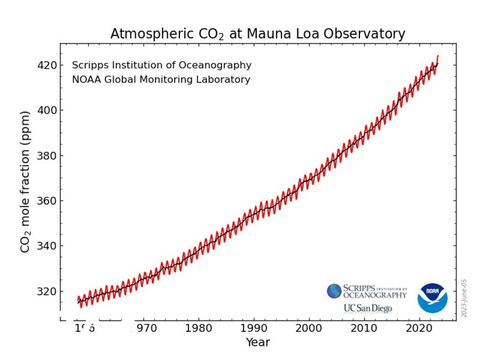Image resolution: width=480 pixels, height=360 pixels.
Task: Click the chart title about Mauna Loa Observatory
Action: [257, 34]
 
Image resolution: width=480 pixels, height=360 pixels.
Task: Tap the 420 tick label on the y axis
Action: [47, 65]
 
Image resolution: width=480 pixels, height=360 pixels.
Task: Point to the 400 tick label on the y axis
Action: [47, 110]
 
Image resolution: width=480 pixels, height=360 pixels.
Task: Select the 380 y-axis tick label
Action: [47, 156]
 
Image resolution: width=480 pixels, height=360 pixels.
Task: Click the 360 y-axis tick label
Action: [47, 201]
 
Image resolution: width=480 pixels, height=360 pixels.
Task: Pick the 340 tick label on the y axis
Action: [47, 246]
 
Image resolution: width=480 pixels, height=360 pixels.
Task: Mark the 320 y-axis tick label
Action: [47, 291]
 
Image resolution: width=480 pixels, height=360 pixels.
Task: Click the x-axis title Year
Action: [258, 343]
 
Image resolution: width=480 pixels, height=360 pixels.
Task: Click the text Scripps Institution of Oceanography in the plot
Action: [162, 65]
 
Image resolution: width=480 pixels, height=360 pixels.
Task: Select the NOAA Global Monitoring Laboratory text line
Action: [161, 80]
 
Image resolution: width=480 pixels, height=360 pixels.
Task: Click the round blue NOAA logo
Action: [432, 298]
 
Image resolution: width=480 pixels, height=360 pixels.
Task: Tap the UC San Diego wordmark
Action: [368, 308]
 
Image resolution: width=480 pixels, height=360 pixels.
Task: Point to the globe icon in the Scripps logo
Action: [334, 291]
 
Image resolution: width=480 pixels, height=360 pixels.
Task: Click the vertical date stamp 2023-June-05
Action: [464, 298]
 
